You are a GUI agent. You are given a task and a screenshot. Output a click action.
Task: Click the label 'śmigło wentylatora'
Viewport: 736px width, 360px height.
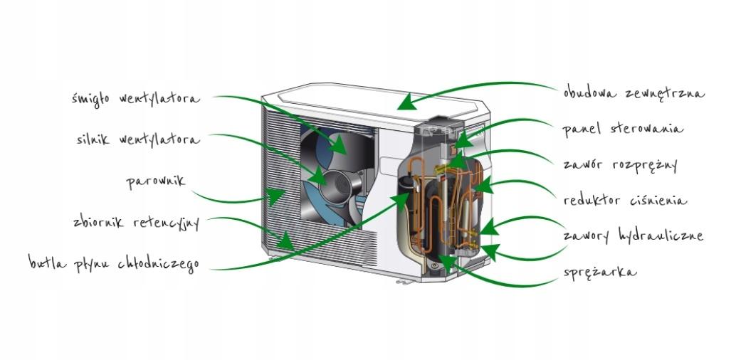coord(136,100)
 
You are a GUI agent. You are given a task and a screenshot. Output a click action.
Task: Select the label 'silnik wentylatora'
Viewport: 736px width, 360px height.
coord(139,139)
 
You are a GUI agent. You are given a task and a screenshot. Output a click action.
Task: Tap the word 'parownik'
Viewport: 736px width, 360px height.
coord(156,181)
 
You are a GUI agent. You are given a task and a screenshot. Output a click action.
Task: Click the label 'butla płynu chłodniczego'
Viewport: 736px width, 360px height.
coord(114,263)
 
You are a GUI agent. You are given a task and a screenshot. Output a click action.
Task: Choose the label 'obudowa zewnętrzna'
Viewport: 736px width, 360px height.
coord(634,92)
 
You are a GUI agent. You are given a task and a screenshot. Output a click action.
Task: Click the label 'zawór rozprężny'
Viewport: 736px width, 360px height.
coord(621,165)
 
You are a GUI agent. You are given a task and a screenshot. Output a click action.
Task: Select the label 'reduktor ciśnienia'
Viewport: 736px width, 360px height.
coord(625,201)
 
